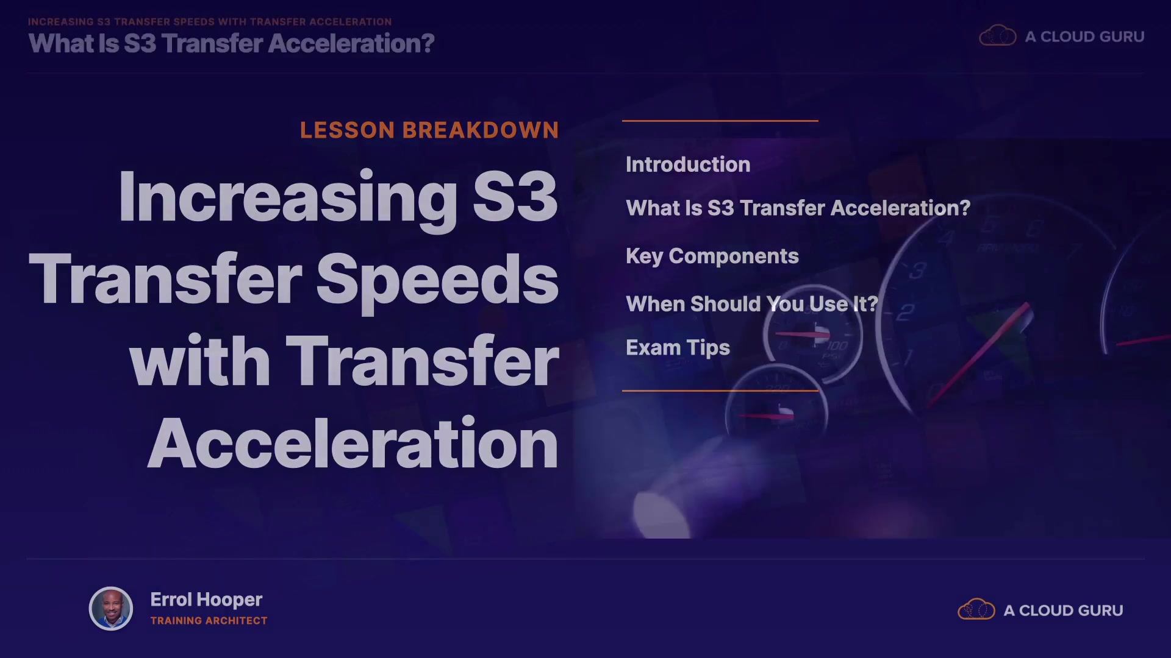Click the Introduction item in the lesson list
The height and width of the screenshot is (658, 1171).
[x=688, y=164]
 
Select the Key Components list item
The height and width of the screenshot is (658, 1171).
[x=712, y=256]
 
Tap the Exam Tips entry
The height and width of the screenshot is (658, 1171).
[x=678, y=348]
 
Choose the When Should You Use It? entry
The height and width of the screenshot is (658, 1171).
[x=752, y=303]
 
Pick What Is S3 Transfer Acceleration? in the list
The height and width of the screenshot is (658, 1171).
[x=798, y=208]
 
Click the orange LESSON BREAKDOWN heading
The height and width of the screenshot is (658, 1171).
[x=429, y=130]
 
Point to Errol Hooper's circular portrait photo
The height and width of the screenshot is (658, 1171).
[x=111, y=609]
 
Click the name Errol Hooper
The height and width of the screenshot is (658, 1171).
[x=206, y=600]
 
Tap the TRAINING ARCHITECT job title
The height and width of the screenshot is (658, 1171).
[x=209, y=621]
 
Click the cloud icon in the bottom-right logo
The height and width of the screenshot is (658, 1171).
[x=976, y=609]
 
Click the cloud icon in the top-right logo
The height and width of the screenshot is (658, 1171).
[x=998, y=35]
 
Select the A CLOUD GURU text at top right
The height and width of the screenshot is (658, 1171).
[x=1084, y=37]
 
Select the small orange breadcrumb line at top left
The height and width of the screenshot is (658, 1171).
[x=210, y=22]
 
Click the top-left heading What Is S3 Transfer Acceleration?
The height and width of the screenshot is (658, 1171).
[x=231, y=43]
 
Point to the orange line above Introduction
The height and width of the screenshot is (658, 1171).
[x=720, y=121]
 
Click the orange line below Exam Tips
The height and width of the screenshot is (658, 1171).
[x=720, y=391]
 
